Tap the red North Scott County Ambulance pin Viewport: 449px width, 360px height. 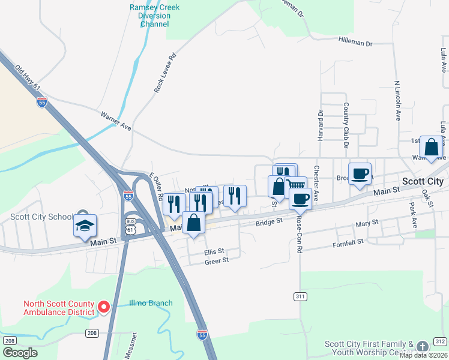[103, 308]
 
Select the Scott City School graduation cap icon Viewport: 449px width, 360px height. [84, 225]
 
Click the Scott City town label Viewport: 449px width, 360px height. [423, 181]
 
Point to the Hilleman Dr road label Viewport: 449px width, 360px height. [356, 44]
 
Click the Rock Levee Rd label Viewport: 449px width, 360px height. [165, 73]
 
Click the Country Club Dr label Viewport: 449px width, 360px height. [346, 125]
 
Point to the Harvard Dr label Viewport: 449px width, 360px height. [321, 125]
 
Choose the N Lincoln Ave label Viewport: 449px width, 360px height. [397, 101]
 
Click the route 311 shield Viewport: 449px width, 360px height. [300, 296]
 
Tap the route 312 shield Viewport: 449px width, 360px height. [440, 341]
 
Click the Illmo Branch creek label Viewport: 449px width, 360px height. [151, 303]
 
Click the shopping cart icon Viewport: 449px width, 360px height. [295, 185]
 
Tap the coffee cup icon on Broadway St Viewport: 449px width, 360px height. [360, 173]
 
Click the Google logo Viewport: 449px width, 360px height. [20, 353]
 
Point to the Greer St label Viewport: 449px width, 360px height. [216, 261]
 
